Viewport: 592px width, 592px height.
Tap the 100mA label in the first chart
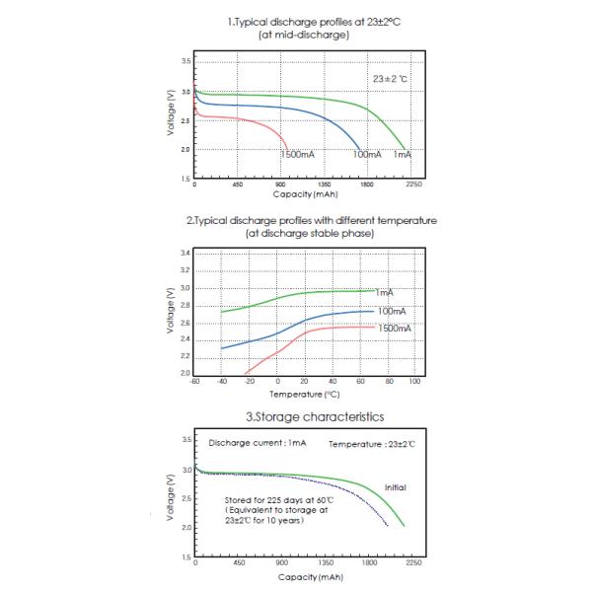tap(367, 156)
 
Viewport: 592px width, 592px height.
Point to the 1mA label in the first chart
tap(403, 156)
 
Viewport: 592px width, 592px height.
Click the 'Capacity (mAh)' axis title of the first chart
tap(306, 195)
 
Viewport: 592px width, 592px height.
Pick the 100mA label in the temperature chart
tap(392, 311)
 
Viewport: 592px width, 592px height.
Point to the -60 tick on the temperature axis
tap(195, 380)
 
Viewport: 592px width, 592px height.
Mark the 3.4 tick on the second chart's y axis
tap(185, 255)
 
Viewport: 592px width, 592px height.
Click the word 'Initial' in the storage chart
tap(394, 487)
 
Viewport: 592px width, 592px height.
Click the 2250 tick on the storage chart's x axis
tap(413, 564)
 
